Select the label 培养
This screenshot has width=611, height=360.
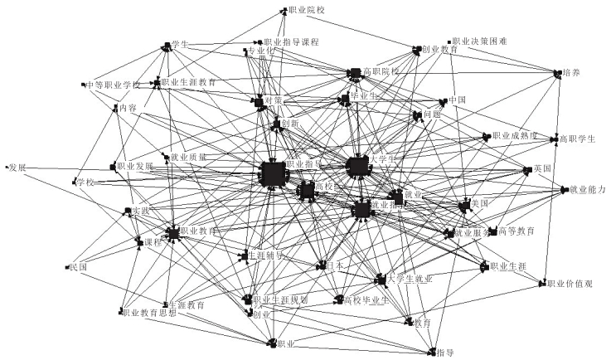pyautogui.click(x=571, y=73)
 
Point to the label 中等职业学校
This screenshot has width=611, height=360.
pyautogui.click(x=112, y=85)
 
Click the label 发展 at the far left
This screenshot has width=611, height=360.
pyautogui.click(x=17, y=167)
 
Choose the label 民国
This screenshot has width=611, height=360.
pyautogui.click(x=79, y=267)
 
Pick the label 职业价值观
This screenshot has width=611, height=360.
pyautogui.click(x=570, y=284)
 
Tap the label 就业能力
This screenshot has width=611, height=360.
pyautogui.click(x=587, y=190)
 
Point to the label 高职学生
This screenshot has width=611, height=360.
pyautogui.click(x=577, y=139)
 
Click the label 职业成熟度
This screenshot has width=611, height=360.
pyautogui.click(x=516, y=136)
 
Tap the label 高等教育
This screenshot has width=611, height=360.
pyautogui.click(x=516, y=230)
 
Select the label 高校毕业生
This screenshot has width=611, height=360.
pyautogui.click(x=366, y=299)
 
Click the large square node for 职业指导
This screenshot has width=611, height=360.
pyautogui.click(x=273, y=174)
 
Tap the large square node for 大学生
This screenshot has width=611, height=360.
pyautogui.click(x=356, y=166)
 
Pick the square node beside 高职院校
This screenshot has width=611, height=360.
pyautogui.click(x=355, y=74)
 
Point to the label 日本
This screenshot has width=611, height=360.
pyautogui.click(x=334, y=266)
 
